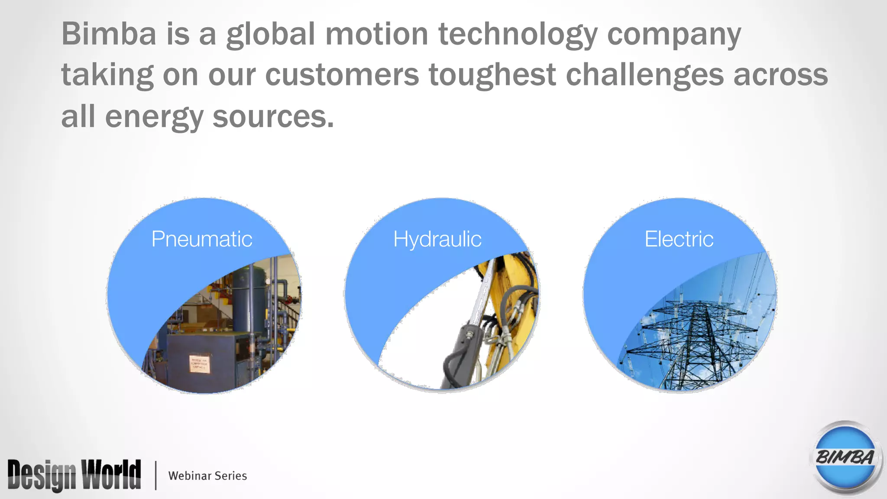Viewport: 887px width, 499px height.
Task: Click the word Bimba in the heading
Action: click(109, 34)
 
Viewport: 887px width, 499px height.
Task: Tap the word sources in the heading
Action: click(273, 117)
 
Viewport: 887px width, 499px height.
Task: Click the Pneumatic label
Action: click(202, 239)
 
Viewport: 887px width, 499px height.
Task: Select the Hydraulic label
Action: click(437, 240)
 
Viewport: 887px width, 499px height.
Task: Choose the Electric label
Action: click(679, 239)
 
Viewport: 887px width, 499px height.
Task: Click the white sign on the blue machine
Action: click(200, 364)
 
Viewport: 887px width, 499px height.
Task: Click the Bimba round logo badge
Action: click(845, 457)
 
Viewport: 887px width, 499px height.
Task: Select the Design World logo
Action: click(74, 475)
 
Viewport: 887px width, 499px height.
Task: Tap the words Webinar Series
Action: click(207, 476)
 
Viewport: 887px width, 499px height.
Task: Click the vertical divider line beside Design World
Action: click(155, 475)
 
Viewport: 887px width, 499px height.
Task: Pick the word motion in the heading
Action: click(377, 34)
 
